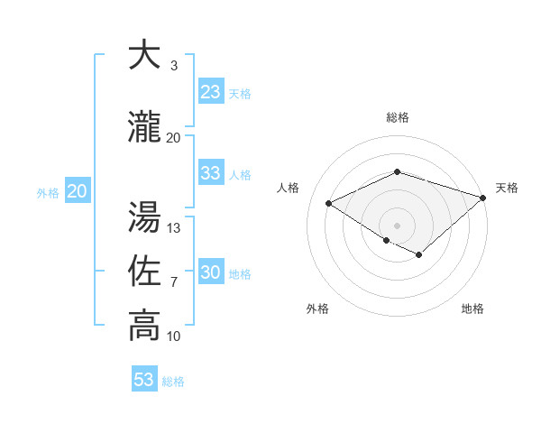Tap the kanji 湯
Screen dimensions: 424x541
144,217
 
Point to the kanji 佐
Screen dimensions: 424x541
144,271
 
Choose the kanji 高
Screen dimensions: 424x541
144,327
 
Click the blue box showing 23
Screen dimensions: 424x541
210,91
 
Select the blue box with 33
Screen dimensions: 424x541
210,173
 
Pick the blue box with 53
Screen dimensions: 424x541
143,380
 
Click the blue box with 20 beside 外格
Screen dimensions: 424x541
77,191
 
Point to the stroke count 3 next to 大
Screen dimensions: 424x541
173,66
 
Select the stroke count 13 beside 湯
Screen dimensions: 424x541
174,228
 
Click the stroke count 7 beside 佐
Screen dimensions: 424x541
173,283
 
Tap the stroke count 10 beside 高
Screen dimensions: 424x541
174,337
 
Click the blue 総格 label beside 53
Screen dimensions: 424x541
173,382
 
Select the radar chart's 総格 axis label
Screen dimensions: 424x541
397,117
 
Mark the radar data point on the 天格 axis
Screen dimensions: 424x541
484,198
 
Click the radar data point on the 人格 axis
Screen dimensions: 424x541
329,204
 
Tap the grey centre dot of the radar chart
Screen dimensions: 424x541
397,225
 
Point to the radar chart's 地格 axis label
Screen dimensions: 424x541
472,309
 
